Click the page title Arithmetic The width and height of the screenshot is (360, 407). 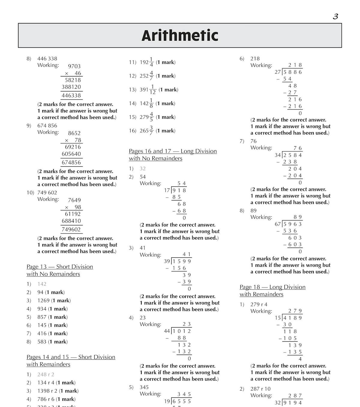tap(180, 35)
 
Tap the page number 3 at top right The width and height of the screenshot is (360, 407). tap(335, 16)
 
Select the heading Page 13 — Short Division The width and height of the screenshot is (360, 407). tap(60, 267)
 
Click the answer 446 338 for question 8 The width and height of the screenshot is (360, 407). tap(47, 59)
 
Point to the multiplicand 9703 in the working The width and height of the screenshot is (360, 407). tap(74, 66)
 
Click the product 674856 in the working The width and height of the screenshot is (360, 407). tap(71, 162)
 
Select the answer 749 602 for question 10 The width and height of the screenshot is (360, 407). tap(47, 193)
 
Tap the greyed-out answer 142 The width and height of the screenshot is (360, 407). tap(42, 284)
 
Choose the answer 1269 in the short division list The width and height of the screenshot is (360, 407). tap(43, 301)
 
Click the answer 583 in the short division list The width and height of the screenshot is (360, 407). tap(42, 342)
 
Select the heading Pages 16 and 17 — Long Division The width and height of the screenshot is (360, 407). tap(173, 151)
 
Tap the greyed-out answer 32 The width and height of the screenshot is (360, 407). tap(142, 169)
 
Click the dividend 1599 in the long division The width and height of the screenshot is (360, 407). tap(182, 261)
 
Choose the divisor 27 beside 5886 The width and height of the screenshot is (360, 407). tap(277, 72)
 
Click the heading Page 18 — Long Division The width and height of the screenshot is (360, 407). tap(272, 287)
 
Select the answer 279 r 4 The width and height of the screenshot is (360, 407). tap(259, 305)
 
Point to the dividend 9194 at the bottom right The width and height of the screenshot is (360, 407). tap(293, 403)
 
